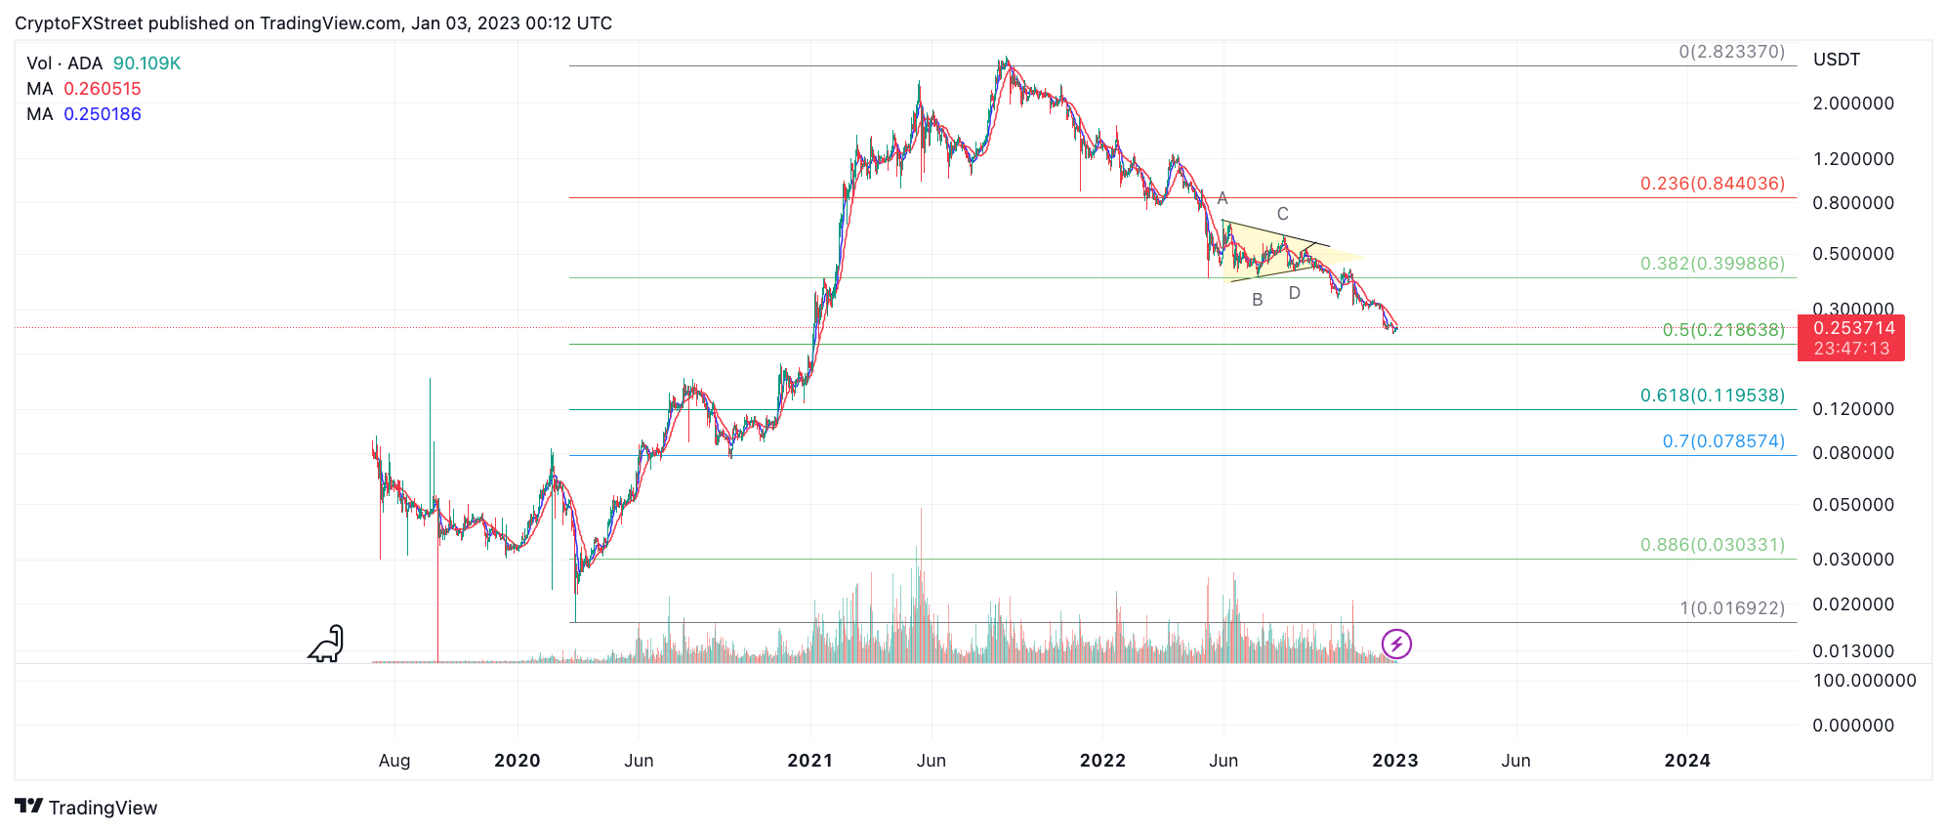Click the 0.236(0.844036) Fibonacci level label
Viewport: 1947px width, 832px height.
pyautogui.click(x=1712, y=184)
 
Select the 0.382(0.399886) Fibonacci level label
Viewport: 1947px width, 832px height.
pyautogui.click(x=1712, y=264)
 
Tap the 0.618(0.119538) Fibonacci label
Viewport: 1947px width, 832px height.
pyautogui.click(x=1712, y=395)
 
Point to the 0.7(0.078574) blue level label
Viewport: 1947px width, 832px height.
pyautogui.click(x=1722, y=441)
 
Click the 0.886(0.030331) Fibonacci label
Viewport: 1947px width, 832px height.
pyautogui.click(x=1712, y=545)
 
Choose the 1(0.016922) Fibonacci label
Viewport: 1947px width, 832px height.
pyautogui.click(x=1731, y=608)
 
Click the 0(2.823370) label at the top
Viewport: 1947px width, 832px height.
pyautogui.click(x=1731, y=52)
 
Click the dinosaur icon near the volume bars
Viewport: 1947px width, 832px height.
pyautogui.click(x=327, y=644)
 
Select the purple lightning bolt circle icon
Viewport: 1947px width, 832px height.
pyautogui.click(x=1396, y=644)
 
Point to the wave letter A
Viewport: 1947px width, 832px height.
pyautogui.click(x=1222, y=199)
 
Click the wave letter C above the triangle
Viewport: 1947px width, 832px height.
pyautogui.click(x=1282, y=214)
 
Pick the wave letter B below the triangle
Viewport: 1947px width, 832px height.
pyautogui.click(x=1257, y=300)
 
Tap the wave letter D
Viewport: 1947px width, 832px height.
pyautogui.click(x=1294, y=293)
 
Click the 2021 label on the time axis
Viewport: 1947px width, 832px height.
pyautogui.click(x=809, y=761)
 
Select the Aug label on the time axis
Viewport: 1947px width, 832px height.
pyautogui.click(x=394, y=761)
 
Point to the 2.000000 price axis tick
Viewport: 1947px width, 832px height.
pyautogui.click(x=1852, y=104)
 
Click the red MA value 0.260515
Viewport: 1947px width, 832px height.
pyautogui.click(x=102, y=89)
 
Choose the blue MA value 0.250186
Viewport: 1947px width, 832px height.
pyautogui.click(x=102, y=114)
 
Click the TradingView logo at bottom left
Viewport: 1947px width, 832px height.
pyautogui.click(x=86, y=808)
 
